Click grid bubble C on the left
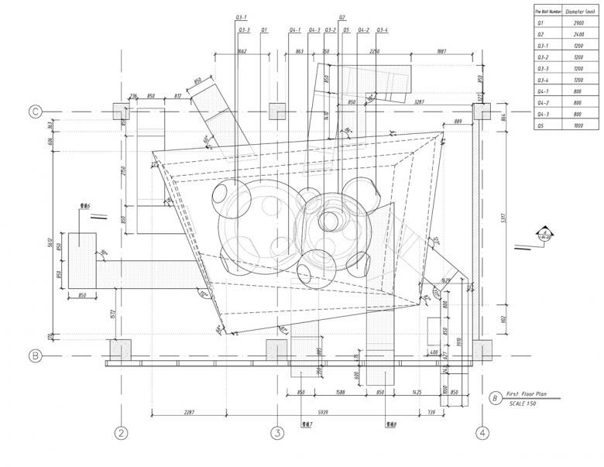click(x=35, y=112)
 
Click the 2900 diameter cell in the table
click(x=578, y=24)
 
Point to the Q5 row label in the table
click(x=542, y=125)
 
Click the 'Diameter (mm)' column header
click(x=578, y=12)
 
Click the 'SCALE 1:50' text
click(x=527, y=404)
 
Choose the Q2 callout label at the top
click(x=342, y=16)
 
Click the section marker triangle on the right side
click(x=544, y=232)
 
